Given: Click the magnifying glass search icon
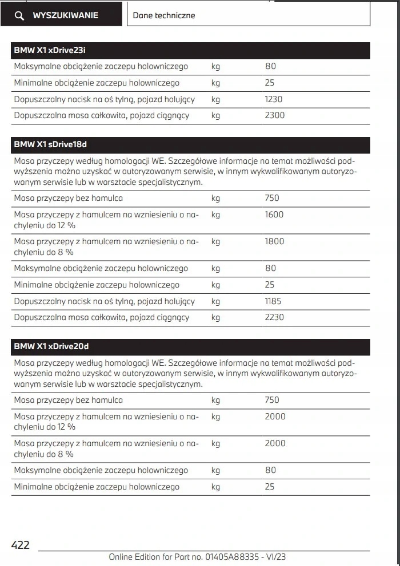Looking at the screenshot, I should point(19,16).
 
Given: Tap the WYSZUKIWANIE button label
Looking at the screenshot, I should point(65,15).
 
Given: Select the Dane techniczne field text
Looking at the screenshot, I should point(164,15).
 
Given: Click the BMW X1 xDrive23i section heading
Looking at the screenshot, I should point(50,51).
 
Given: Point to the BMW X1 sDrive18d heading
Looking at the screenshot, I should point(50,144).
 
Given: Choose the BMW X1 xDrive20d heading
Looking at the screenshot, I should point(51,346).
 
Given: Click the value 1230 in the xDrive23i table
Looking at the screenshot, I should point(274,99).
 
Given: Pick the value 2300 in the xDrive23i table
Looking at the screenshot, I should point(275,116).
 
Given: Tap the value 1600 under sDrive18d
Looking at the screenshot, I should point(274,215).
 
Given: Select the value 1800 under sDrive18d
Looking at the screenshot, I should point(274,241).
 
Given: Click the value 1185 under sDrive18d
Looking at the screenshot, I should point(273,301).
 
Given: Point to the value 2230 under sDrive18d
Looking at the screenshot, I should point(274,318).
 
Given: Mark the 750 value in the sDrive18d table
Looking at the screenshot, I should point(272,198).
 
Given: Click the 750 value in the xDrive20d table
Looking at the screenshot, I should point(272,400).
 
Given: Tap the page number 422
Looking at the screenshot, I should point(21,545).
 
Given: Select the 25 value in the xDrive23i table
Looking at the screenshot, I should point(270,83).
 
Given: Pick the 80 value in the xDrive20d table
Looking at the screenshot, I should point(270,470).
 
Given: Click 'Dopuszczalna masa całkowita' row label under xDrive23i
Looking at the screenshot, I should point(102,116).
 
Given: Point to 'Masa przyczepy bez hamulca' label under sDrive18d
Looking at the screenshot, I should point(69,198).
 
